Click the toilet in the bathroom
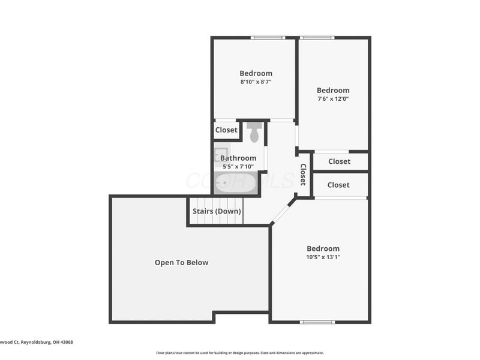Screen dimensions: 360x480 (254, 133)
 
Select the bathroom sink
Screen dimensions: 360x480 (220, 154)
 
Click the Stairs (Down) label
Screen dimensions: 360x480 (217, 211)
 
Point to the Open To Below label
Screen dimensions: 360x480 (182, 262)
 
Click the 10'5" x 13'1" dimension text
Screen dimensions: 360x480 (323, 257)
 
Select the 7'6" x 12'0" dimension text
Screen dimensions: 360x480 (333, 99)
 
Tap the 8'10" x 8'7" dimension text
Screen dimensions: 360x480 (256, 82)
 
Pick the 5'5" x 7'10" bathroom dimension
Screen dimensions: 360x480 (238, 166)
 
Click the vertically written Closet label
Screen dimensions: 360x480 (303, 174)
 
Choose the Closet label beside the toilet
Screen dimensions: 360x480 (226, 130)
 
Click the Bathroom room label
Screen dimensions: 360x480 (238, 158)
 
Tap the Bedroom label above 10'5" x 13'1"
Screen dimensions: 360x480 (323, 248)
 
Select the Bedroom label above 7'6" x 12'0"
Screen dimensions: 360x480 (333, 91)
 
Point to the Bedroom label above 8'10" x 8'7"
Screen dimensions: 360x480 (256, 73)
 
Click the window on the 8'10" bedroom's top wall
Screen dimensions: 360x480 (268, 38)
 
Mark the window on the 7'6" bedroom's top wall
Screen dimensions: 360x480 (317, 38)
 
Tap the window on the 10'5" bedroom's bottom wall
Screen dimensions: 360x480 (317, 322)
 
